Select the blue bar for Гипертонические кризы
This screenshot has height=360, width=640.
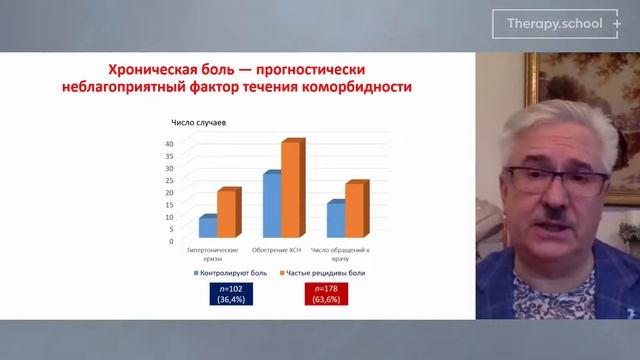[x=206, y=229]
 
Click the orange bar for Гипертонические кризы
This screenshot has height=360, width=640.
[x=226, y=214]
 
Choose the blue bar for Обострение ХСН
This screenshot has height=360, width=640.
[x=271, y=206]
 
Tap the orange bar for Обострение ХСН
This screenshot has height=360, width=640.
[x=290, y=190]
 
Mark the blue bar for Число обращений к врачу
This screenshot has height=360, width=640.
[x=335, y=221]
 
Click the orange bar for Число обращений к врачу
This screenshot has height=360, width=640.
[x=354, y=211]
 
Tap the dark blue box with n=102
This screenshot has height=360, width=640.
[x=225, y=293]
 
